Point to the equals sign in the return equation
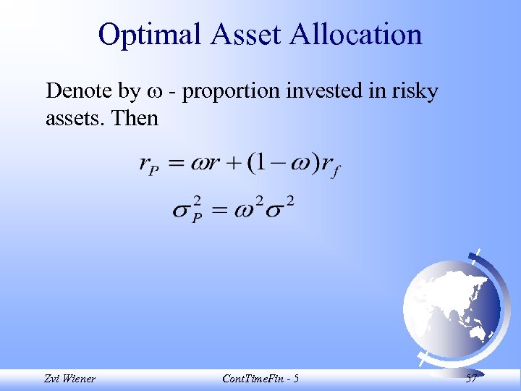[x=178, y=165]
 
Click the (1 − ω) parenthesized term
[x=282, y=164]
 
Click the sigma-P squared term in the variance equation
[x=187, y=211]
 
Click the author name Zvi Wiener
[x=69, y=378]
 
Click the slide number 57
[x=471, y=378]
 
